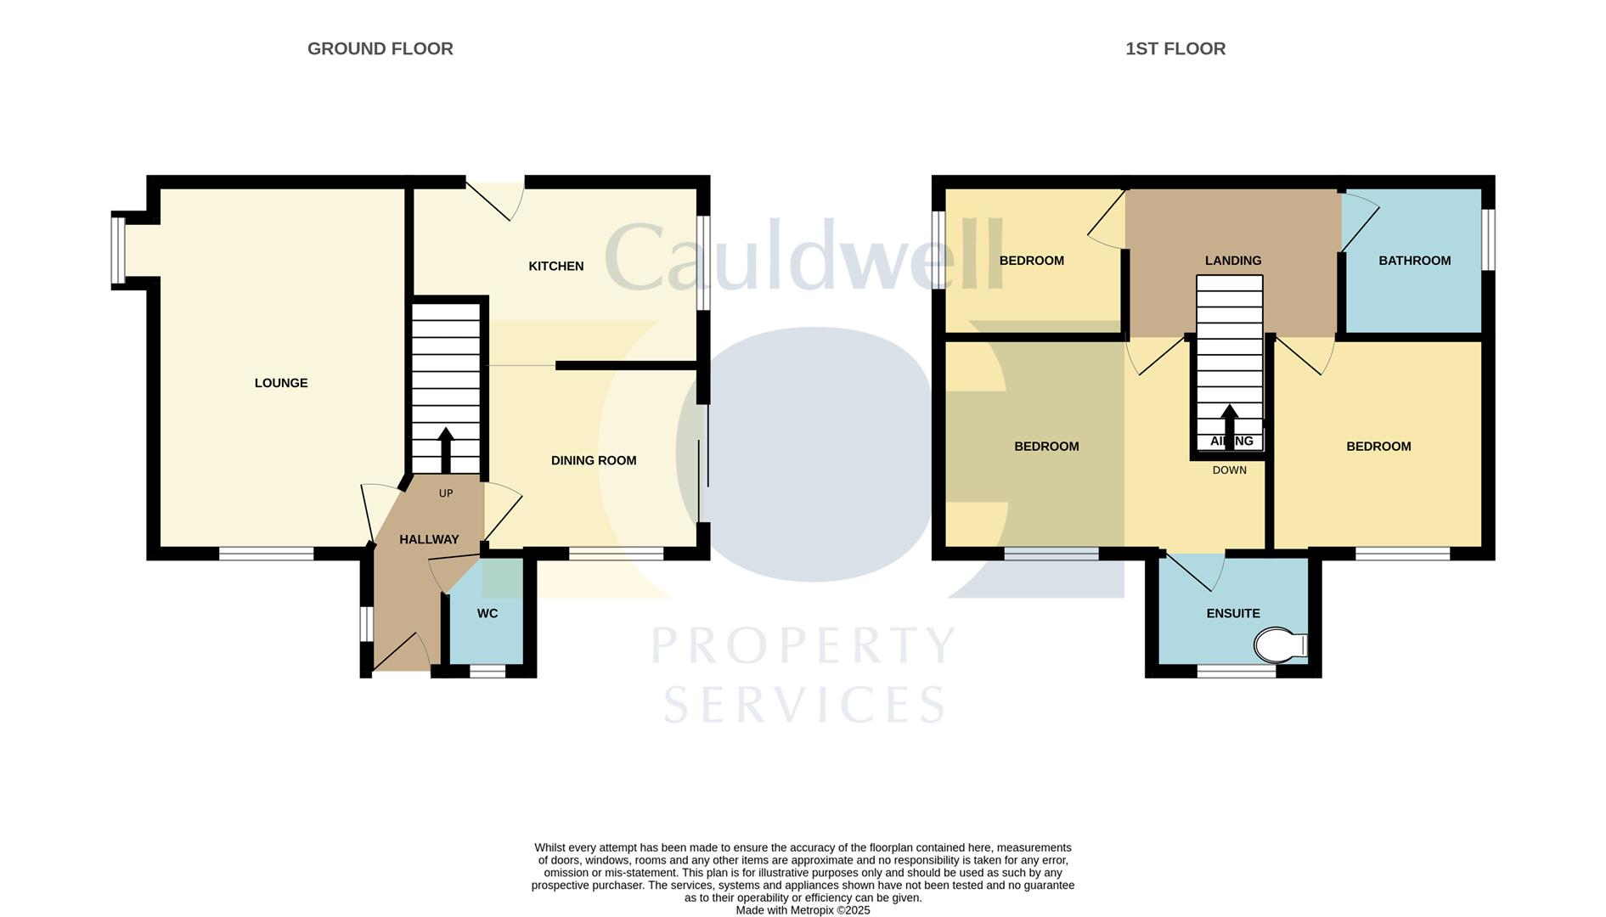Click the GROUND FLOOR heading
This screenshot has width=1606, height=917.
380,49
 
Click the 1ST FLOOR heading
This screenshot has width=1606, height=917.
1175,49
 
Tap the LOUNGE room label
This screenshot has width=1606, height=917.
281,383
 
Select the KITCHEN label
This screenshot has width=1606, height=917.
555,267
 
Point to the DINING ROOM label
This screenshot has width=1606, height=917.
593,460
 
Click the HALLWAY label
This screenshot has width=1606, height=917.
429,539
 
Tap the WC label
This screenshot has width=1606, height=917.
487,613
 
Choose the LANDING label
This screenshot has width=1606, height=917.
1232,261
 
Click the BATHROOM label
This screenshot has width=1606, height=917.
1414,261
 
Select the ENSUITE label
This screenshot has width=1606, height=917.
1232,613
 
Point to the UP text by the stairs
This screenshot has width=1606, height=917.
445,493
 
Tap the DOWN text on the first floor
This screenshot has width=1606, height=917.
1229,470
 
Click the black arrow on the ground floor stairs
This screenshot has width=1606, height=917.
445,448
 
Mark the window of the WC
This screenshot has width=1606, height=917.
487,672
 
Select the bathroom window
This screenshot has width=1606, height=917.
1488,239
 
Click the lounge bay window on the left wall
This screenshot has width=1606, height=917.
118,251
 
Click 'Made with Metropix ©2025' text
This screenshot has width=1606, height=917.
803,910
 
